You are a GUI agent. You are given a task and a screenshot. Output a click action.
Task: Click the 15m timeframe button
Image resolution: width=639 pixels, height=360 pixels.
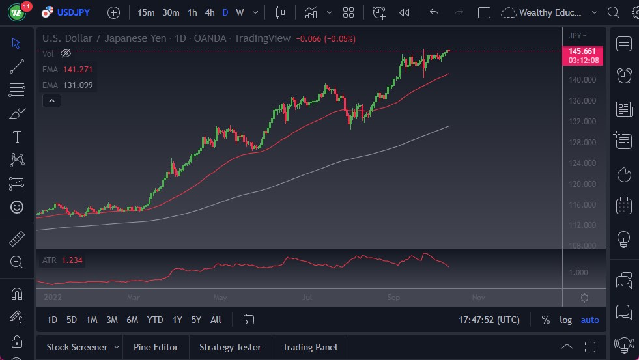point(146,12)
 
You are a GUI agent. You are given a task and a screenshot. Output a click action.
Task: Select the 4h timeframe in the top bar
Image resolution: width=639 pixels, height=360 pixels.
point(209,12)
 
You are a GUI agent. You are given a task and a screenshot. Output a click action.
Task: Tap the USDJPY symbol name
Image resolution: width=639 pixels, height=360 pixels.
point(74,12)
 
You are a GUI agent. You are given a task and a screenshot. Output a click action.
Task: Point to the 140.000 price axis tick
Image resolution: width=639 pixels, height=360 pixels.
point(582,80)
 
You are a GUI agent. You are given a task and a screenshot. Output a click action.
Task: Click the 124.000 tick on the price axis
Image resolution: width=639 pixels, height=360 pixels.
point(582,163)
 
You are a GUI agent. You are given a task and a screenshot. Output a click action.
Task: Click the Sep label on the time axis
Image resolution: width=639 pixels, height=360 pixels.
point(393,298)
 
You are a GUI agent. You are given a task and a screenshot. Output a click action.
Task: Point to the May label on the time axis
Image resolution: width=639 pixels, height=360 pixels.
point(220,298)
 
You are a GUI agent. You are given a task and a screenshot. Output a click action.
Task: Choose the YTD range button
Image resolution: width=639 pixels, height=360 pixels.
point(155,320)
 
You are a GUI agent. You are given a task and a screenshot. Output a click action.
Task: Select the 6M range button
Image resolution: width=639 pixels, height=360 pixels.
point(132,320)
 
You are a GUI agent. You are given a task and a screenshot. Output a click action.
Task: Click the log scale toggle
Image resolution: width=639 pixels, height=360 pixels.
point(565,320)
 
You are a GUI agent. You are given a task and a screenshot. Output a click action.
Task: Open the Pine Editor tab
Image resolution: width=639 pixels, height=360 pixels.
point(156,347)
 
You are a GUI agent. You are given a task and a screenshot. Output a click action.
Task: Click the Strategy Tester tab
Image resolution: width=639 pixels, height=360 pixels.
point(230,347)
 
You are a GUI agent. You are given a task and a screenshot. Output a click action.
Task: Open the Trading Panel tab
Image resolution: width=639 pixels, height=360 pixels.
point(309,347)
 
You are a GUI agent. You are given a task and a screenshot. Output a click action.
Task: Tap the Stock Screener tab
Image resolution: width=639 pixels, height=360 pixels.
point(76,347)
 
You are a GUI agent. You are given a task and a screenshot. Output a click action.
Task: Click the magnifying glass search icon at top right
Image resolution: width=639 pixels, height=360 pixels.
point(613,12)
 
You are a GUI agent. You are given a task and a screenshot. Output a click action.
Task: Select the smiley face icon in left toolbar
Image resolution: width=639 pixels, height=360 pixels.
point(17,207)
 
